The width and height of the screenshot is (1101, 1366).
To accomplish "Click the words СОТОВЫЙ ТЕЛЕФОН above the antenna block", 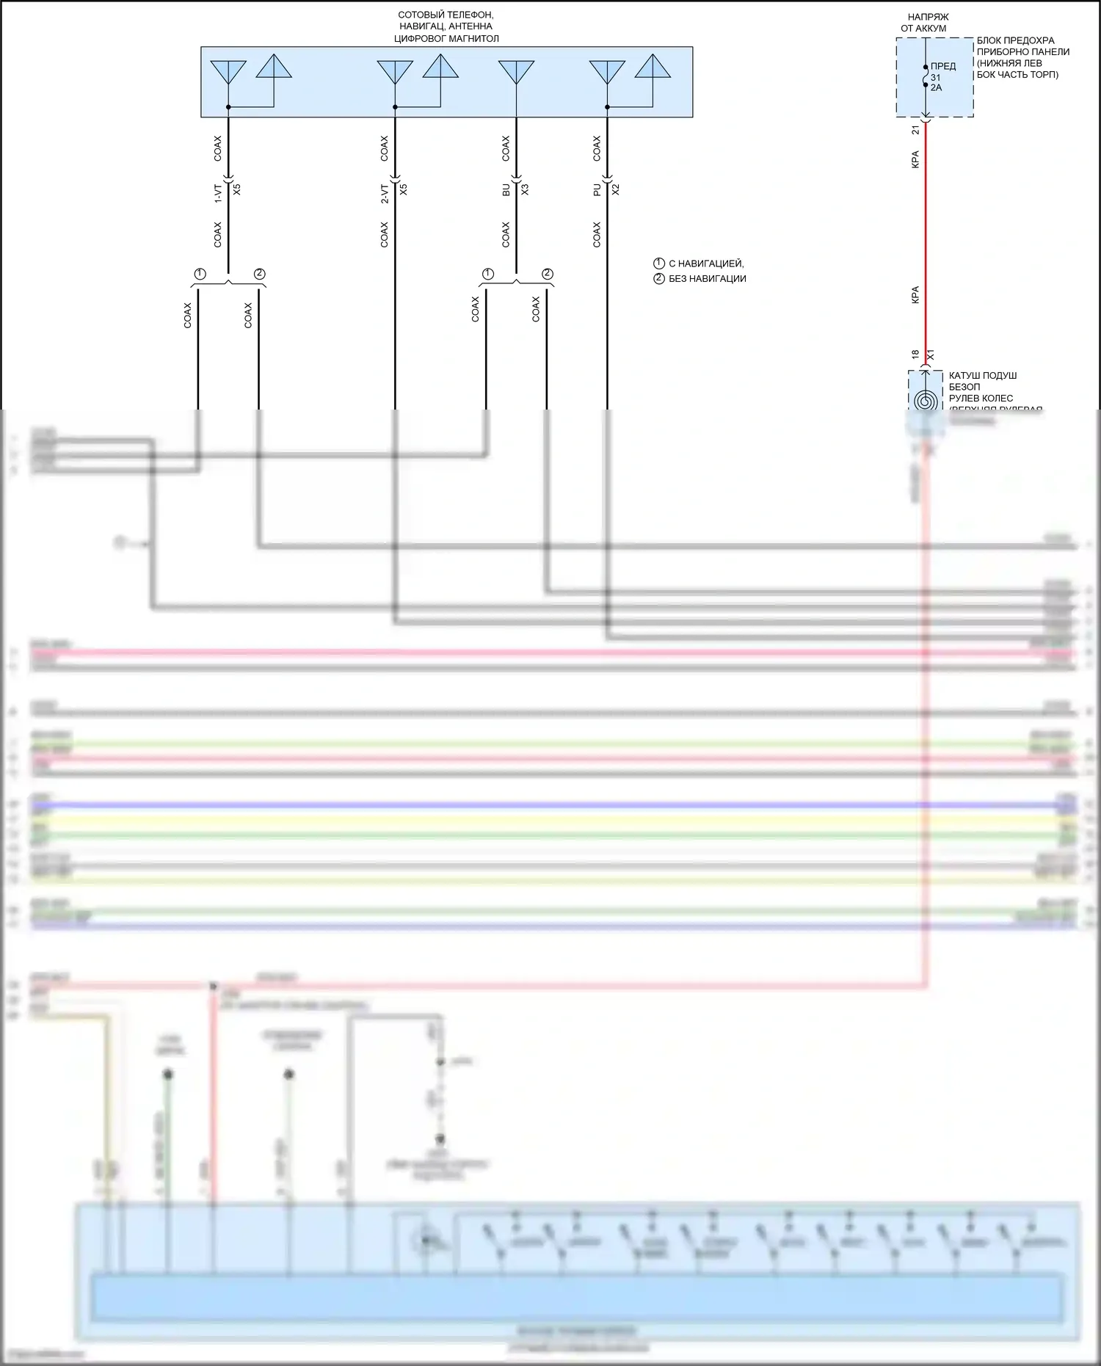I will pos(446,15).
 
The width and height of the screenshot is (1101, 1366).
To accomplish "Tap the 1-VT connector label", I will pos(218,193).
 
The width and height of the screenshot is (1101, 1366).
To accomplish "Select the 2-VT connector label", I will pos(385,193).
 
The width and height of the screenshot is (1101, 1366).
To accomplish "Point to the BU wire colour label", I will pos(506,189).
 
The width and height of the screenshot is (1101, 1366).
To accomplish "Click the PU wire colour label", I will pos(597,189).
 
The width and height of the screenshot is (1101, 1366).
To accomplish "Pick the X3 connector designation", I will pos(525,189).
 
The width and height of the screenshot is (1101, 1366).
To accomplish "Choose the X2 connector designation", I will pos(616,189).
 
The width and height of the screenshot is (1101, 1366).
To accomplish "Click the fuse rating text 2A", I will pos(936,88).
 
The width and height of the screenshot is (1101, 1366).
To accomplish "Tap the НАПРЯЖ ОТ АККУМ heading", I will pos(927,22).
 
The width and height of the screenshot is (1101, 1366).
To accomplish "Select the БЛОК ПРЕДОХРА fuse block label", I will pos(1015,40).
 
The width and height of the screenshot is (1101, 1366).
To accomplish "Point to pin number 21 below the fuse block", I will pos(915,130).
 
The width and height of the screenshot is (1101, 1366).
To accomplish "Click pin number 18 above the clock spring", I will pos(915,355).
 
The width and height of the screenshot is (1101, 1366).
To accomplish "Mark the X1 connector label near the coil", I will pos(931,355).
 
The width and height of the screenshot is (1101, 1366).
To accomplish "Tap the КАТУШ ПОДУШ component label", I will pos(983,376).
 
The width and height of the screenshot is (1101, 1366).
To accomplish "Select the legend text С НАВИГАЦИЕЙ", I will pos(705,264).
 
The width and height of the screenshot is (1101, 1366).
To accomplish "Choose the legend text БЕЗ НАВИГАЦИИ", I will pos(707,279).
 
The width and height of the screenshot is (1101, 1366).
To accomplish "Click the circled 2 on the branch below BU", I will pos(548,274).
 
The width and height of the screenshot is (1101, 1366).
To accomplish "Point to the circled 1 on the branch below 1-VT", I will pos(200,274).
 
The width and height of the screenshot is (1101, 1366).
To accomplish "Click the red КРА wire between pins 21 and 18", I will pos(926,235).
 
